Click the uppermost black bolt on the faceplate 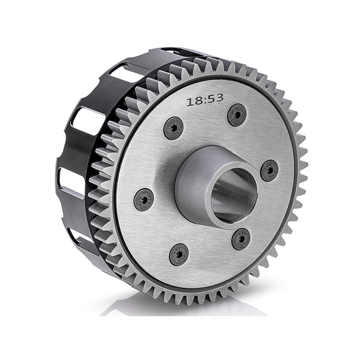coord(237,115)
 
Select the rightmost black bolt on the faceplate coord(270,170)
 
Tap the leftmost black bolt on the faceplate coord(144,199)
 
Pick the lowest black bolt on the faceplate coord(179,254)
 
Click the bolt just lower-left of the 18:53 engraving coord(173,129)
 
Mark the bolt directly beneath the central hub coord(241,238)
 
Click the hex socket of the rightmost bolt coord(270,170)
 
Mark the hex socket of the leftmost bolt coord(144,199)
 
